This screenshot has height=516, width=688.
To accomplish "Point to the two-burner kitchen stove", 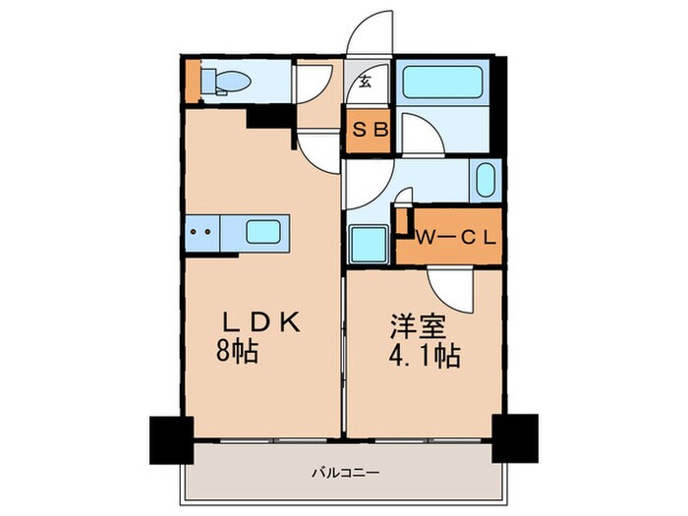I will click(x=201, y=233).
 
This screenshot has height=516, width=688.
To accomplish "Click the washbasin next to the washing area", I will click(x=485, y=181).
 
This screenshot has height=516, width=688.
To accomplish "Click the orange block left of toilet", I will click(x=191, y=82).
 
